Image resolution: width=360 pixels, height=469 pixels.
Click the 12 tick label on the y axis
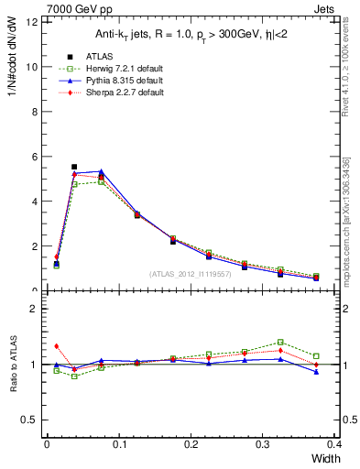tap(31, 22)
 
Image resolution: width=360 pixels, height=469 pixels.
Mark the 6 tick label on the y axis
tap(34, 157)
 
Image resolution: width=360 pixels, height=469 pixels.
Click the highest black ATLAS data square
tap(74, 167)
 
